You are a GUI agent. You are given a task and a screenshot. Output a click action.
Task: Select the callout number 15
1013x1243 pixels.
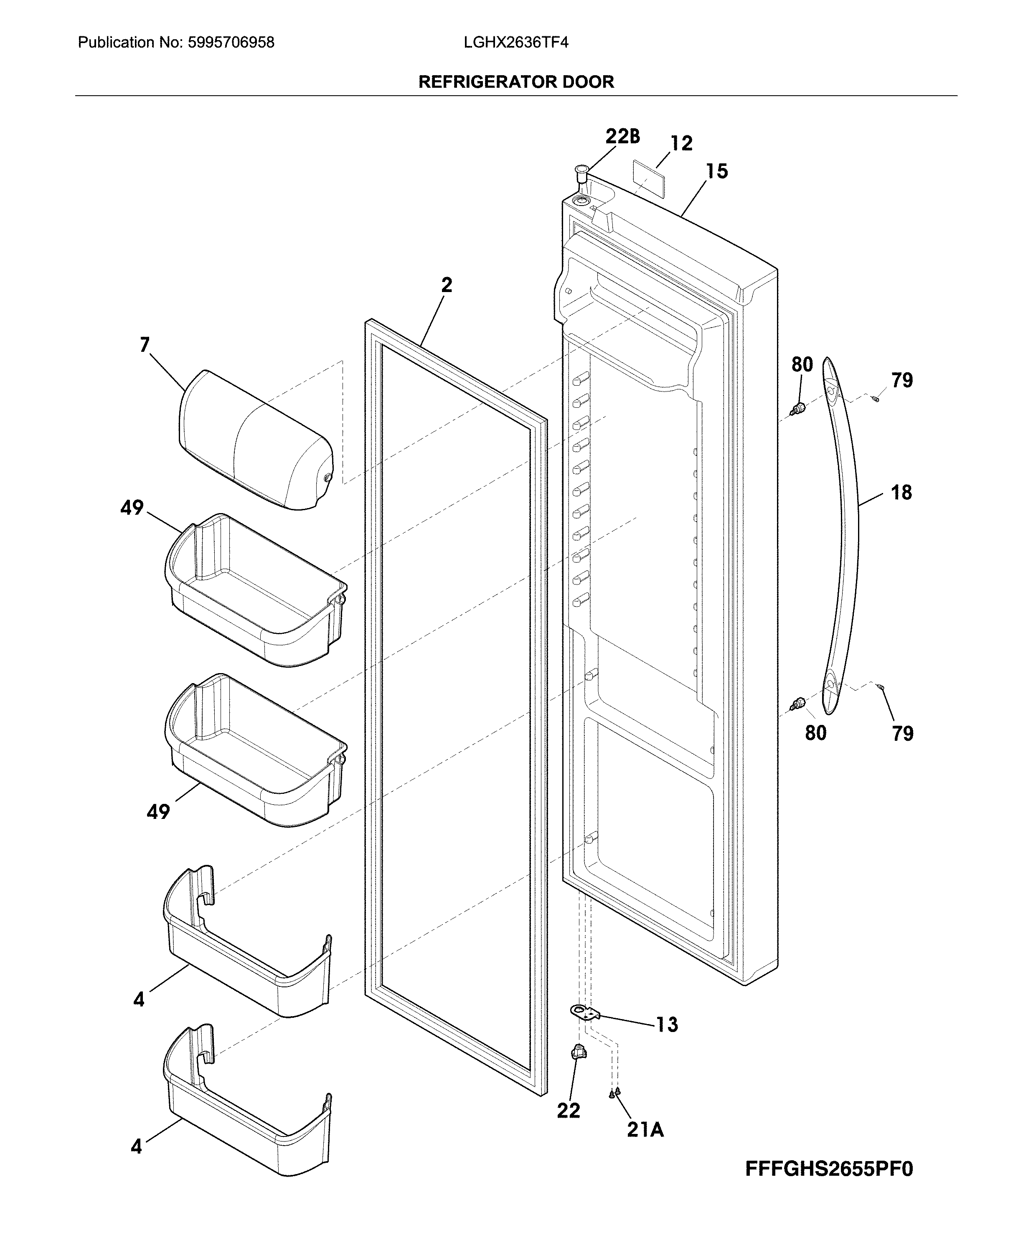pyautogui.click(x=716, y=172)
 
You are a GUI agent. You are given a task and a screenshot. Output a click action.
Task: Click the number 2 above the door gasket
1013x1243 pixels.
pyautogui.click(x=447, y=285)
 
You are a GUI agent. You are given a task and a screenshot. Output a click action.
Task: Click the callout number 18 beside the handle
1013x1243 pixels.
pyautogui.click(x=901, y=493)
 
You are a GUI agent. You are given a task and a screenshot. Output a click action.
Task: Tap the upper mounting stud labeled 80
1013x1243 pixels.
pyautogui.click(x=799, y=408)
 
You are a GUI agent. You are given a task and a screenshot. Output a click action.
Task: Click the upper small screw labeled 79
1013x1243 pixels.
pyautogui.click(x=875, y=399)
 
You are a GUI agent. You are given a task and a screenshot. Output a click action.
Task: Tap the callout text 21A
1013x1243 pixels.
pyautogui.click(x=645, y=1130)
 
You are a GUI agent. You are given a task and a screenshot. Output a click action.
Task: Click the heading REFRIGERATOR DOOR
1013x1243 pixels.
pyautogui.click(x=516, y=82)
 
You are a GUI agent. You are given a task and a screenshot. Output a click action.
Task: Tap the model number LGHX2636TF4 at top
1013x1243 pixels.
pyautogui.click(x=516, y=43)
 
